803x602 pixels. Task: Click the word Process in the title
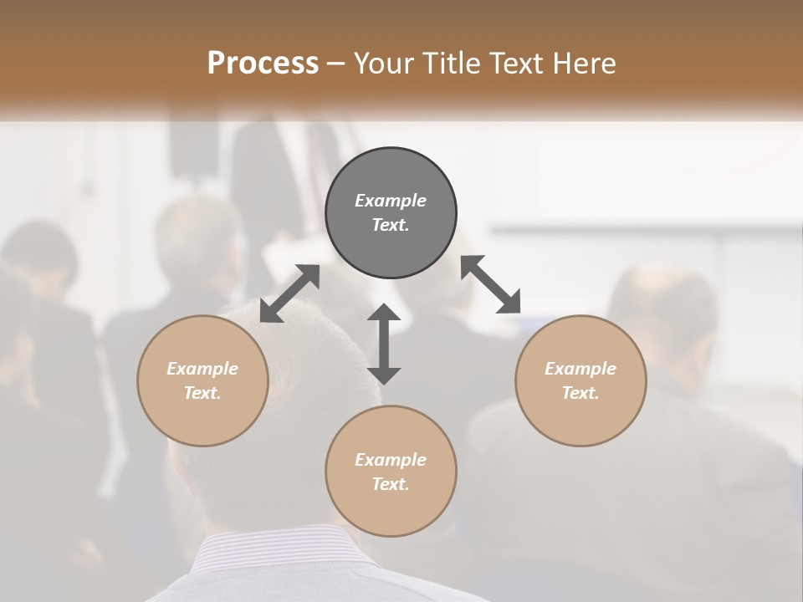click(x=263, y=64)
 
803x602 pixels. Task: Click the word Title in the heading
click(x=451, y=64)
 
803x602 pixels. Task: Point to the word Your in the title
click(x=384, y=64)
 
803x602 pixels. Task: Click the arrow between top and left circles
click(x=289, y=293)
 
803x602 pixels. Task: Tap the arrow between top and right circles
click(x=491, y=284)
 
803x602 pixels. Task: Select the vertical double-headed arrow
click(x=384, y=344)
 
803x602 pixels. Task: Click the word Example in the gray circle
click(x=391, y=201)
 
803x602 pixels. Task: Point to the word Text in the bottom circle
click(x=391, y=484)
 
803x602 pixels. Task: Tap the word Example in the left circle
click(x=202, y=369)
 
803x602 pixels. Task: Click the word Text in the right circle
click(x=581, y=393)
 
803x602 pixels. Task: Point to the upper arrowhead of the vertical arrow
click(x=384, y=314)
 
